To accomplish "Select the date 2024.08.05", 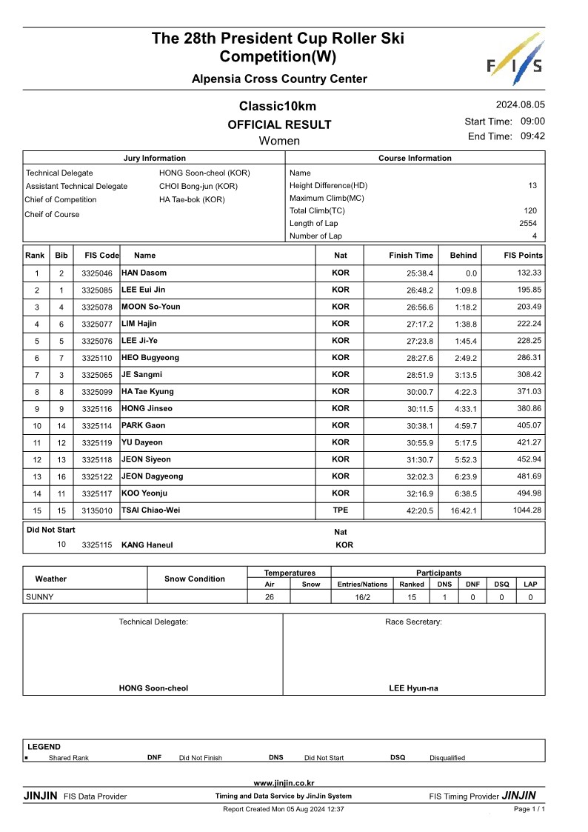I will point(520,105).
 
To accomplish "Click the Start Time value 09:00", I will point(532,122).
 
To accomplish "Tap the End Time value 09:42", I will point(532,136).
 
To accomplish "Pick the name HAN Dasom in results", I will point(144,273).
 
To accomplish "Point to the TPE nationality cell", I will point(341,510).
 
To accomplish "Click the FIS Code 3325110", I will point(97,359).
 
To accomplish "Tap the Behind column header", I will point(463,256).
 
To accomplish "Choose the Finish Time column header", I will point(411,256).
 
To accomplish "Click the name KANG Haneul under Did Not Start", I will point(147,545).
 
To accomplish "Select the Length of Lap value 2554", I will point(528,223).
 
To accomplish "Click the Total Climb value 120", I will point(530,210).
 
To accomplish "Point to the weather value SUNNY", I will point(40,596).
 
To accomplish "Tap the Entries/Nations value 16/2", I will point(362,596).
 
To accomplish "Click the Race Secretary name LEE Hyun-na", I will point(413,688).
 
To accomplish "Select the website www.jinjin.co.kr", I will point(284,783).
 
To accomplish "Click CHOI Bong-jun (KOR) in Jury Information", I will point(198,186).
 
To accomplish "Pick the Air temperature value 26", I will point(270,596).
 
